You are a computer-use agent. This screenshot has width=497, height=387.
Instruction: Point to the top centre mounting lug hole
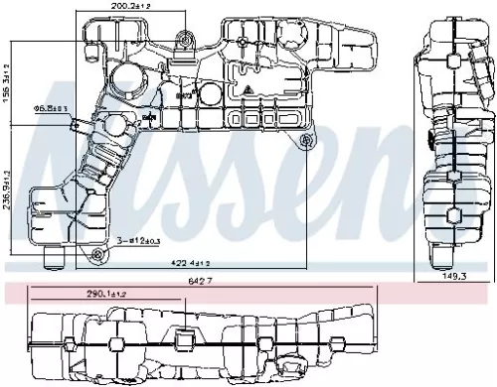[x=183, y=43]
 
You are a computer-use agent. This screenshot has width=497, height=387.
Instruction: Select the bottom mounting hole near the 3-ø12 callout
[x=96, y=255]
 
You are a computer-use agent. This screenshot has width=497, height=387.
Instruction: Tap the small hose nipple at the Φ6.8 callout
[x=80, y=125]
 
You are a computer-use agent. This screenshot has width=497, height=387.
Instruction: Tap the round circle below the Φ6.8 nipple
[x=116, y=129]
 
